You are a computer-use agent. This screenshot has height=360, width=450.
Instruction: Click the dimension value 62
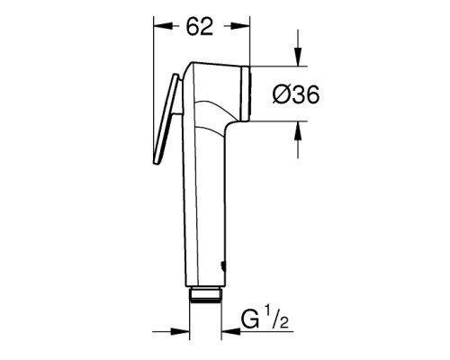199,26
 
